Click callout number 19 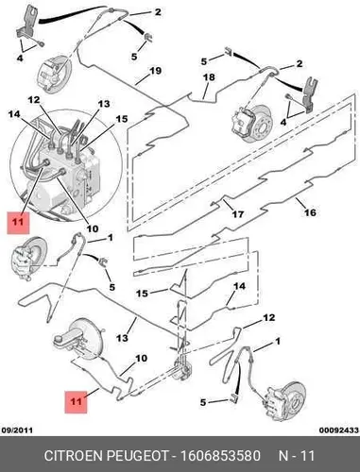(156, 71)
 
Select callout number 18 (210, 77)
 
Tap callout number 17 (238, 214)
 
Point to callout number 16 (310, 212)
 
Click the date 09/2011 (17, 430)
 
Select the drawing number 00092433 (339, 430)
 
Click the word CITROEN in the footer (73, 456)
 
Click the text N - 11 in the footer (297, 456)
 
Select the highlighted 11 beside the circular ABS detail (18, 223)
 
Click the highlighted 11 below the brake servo (76, 402)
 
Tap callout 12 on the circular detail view (34, 100)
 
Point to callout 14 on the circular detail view (14, 114)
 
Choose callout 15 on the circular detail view (122, 119)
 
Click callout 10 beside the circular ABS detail (93, 228)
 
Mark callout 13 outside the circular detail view (122, 338)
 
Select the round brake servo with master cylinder (77, 342)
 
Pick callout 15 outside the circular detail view (142, 294)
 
